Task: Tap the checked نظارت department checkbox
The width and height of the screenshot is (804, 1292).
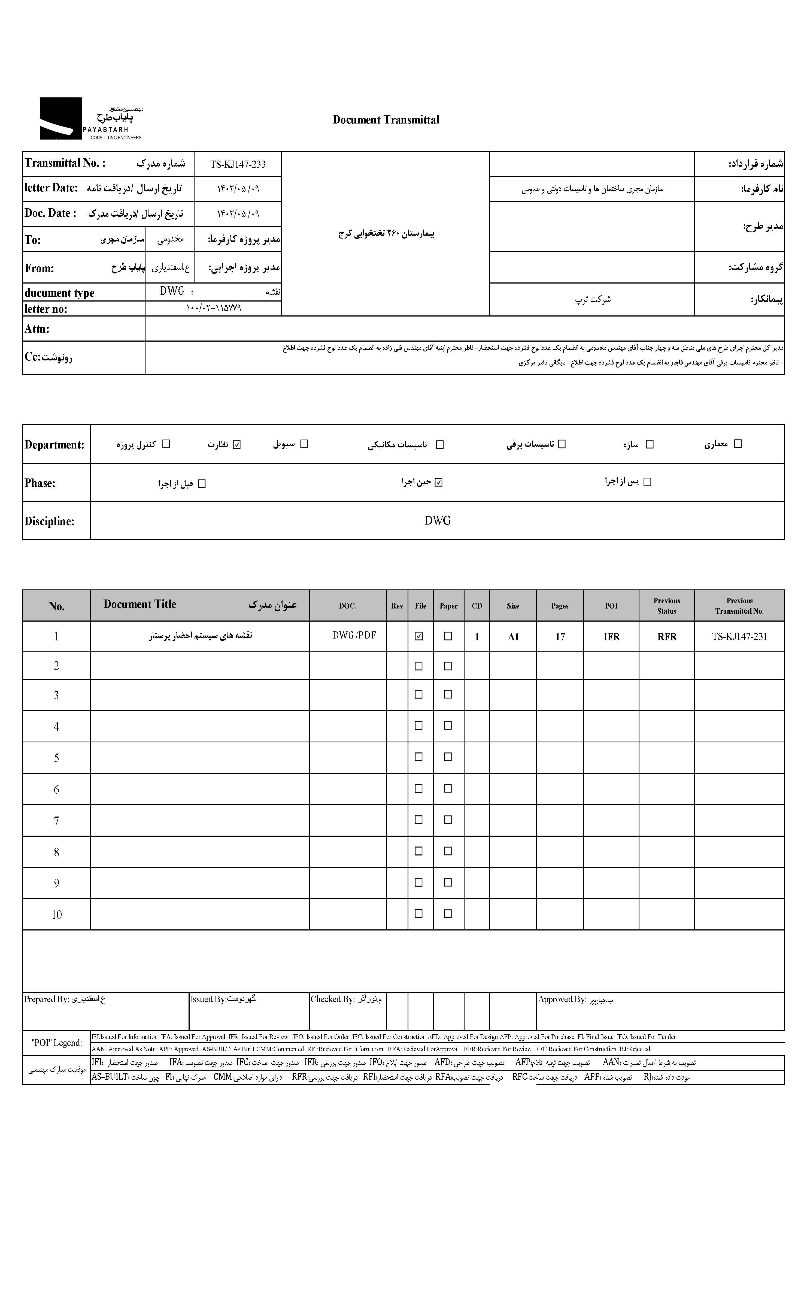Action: (x=237, y=444)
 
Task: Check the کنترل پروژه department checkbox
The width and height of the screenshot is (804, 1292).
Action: (x=166, y=444)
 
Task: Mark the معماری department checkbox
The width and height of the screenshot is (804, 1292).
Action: (x=738, y=443)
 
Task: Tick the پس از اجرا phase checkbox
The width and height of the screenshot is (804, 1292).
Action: (x=647, y=481)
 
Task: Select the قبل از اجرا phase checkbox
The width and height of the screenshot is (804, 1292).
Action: (x=202, y=484)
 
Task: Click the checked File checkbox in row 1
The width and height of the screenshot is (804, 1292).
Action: (x=419, y=636)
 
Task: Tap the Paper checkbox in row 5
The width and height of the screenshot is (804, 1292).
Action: (x=448, y=757)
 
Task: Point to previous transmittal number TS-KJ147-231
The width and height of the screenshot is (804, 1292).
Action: (x=739, y=636)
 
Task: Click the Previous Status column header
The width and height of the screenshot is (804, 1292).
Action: (x=666, y=606)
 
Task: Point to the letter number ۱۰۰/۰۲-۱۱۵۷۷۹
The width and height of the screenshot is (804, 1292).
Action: (x=214, y=308)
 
